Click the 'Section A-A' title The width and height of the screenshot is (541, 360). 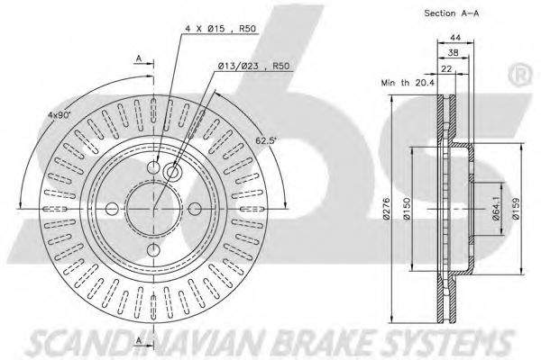click(452, 13)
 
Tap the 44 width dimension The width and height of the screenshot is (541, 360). click(455, 37)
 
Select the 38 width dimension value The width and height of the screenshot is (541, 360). click(453, 52)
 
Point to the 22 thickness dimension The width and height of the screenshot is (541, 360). click(446, 69)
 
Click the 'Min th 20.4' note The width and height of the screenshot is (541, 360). click(408, 83)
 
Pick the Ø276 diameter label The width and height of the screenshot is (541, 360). click(387, 209)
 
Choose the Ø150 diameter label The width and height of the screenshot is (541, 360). click(407, 209)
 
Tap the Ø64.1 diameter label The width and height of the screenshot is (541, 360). click(496, 208)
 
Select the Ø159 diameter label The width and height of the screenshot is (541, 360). click(516, 208)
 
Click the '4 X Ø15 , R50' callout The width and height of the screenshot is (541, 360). click(221, 29)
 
